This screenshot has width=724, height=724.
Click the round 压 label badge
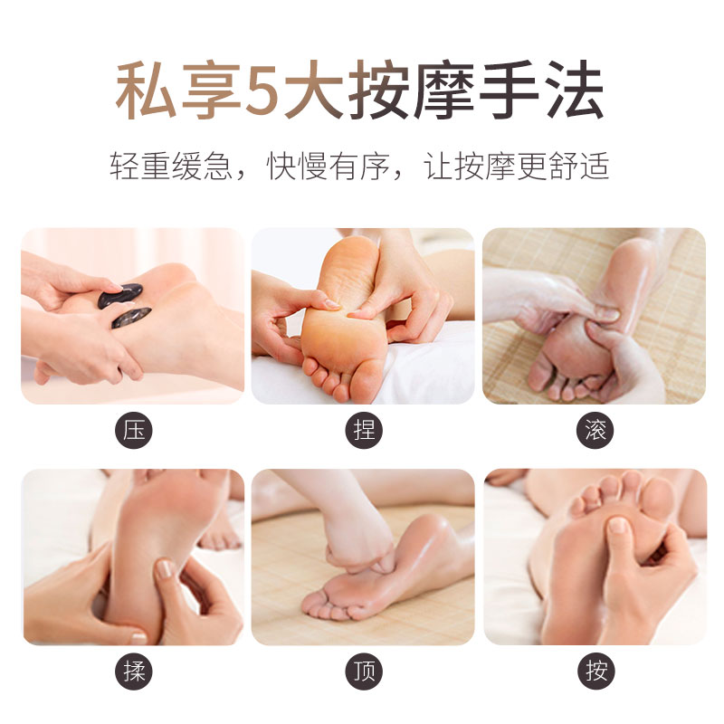click(134, 430)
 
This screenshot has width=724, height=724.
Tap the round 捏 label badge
click(364, 430)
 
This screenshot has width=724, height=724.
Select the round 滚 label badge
click(595, 430)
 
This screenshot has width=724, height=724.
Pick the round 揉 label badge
click(134, 671)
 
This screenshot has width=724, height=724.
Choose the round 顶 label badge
click(364, 671)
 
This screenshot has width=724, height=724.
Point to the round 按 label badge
click(596, 671)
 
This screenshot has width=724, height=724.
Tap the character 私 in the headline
click(146, 90)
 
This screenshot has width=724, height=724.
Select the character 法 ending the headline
click(576, 90)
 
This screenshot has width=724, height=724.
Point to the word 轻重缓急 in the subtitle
click(171, 167)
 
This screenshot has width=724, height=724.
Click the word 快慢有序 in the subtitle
click(329, 167)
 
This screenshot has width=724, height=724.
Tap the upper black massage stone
click(120, 296)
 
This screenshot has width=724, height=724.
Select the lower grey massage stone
click(131, 318)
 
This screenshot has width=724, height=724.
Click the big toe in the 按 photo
click(658, 495)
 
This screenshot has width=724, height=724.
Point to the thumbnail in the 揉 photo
click(164, 568)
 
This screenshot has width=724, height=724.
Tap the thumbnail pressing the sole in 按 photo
click(617, 526)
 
